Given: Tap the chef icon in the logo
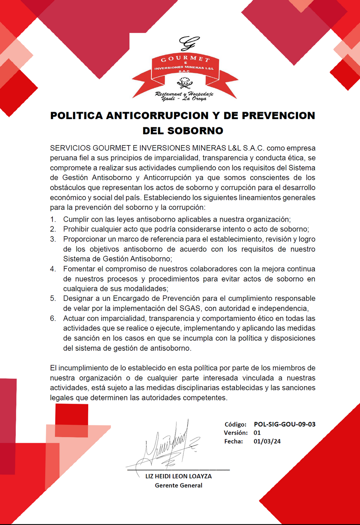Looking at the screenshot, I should (x=185, y=83).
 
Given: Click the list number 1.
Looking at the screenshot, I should (x=53, y=219).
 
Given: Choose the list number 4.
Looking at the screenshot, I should (x=53, y=269).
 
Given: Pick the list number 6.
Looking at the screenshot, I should (x=53, y=318).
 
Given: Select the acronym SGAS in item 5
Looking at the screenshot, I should (x=190, y=309).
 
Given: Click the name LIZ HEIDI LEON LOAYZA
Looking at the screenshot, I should (x=179, y=476).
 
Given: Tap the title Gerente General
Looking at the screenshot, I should (x=179, y=485).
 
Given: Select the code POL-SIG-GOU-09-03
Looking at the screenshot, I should (x=285, y=424).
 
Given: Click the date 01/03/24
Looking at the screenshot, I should (x=267, y=441).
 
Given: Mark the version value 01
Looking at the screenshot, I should (x=257, y=433).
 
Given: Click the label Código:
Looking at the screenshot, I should (x=236, y=424).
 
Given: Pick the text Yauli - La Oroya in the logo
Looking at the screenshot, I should (x=184, y=99).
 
